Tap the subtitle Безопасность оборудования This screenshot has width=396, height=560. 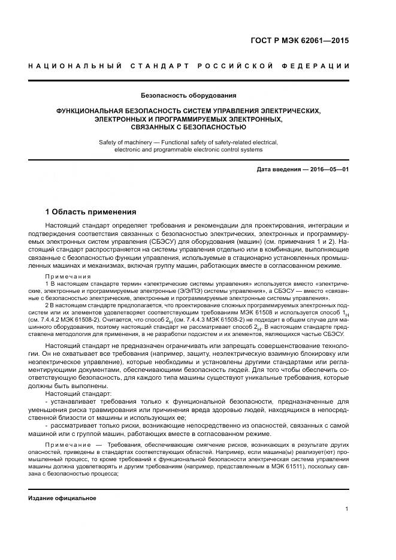(x=188, y=95)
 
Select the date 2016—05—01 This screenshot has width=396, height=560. (x=328, y=169)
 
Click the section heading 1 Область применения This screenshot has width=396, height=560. (x=91, y=211)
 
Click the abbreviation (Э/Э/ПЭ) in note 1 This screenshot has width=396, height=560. (x=187, y=290)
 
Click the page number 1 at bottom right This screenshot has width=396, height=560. (x=347, y=509)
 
